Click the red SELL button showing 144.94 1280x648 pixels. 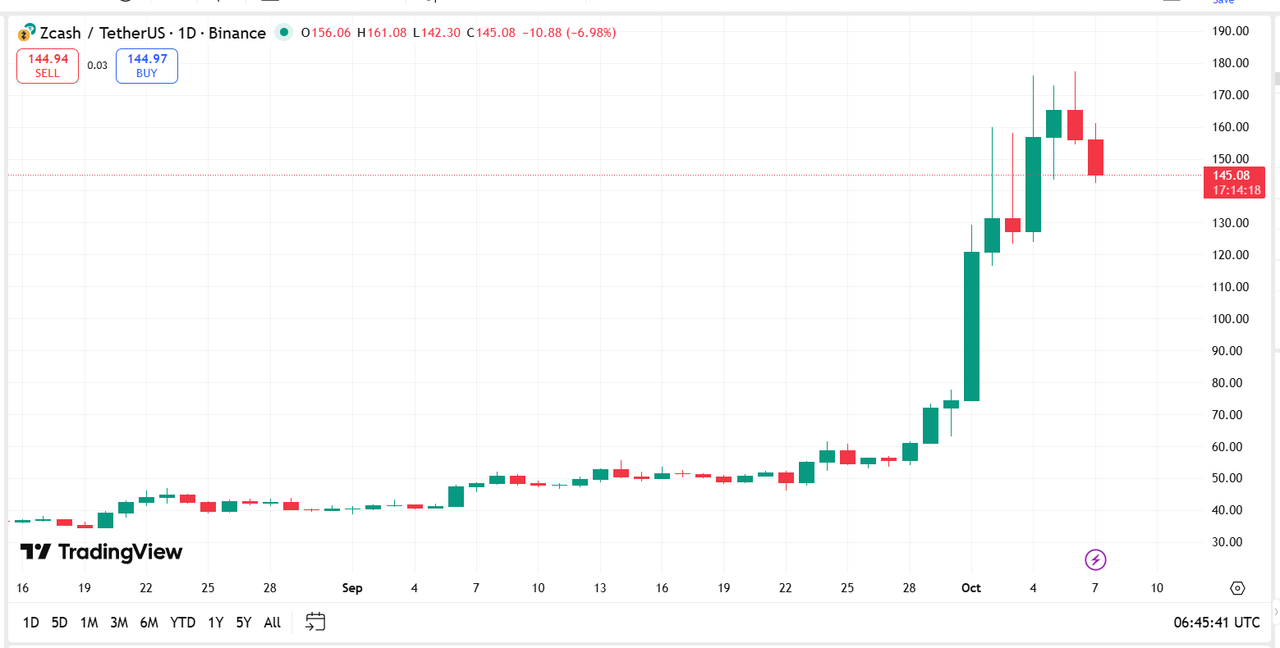(48, 66)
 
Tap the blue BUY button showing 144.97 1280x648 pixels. (146, 66)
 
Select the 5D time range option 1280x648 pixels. (59, 623)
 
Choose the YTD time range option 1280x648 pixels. (182, 623)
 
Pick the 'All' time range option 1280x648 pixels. (273, 623)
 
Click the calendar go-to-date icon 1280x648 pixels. (315, 622)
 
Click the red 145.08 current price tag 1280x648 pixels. (1233, 182)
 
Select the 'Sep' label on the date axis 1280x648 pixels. (352, 588)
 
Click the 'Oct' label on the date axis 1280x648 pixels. (971, 588)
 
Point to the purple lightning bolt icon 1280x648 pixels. (1096, 560)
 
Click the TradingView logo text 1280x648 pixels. (102, 552)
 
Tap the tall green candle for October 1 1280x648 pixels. (971, 326)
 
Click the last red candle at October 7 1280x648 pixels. (1096, 157)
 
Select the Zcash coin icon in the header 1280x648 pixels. (25, 34)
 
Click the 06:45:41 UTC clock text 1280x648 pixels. (1216, 623)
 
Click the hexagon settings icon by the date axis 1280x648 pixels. (1238, 588)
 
